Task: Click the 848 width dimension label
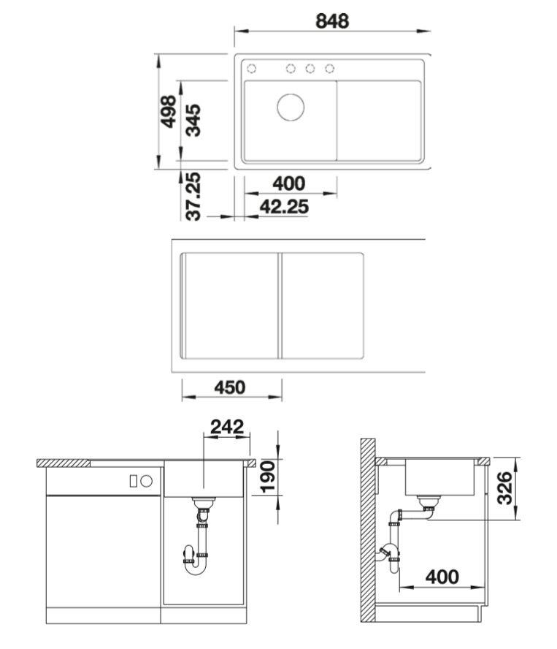332,21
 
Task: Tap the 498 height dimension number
169,111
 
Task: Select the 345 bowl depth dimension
193,120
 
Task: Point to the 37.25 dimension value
193,196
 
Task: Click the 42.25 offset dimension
284,207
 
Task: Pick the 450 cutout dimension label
230,387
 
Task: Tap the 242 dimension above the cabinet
227,427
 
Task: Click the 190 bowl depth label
267,477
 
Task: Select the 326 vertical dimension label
504,488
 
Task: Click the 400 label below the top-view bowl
288,183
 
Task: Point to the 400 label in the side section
442,577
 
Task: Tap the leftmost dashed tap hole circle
251,68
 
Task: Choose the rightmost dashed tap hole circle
329,68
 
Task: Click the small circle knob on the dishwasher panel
147,481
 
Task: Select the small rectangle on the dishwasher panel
133,481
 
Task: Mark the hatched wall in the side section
368,530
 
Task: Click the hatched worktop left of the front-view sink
64,463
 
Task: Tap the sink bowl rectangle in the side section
439,477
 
